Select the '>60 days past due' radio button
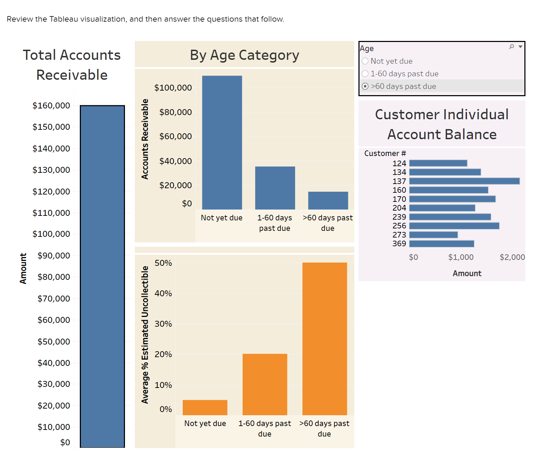point(365,86)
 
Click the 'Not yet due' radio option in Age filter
point(365,61)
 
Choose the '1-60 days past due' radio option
point(365,74)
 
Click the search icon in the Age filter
point(511,47)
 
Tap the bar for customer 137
point(464,181)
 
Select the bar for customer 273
point(433,235)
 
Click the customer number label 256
point(399,226)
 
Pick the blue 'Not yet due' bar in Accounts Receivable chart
point(222,143)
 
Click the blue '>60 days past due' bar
point(328,200)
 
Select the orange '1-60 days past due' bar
point(265,384)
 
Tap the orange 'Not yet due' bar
point(205,408)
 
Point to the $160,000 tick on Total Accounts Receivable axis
point(51,106)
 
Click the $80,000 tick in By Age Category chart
point(175,112)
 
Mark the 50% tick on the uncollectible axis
point(163,263)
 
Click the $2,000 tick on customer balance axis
point(512,257)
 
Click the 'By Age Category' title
point(244,55)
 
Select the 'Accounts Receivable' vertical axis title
point(145,139)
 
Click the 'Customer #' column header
point(385,154)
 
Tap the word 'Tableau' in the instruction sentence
point(64,19)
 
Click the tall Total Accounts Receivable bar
point(102,276)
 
